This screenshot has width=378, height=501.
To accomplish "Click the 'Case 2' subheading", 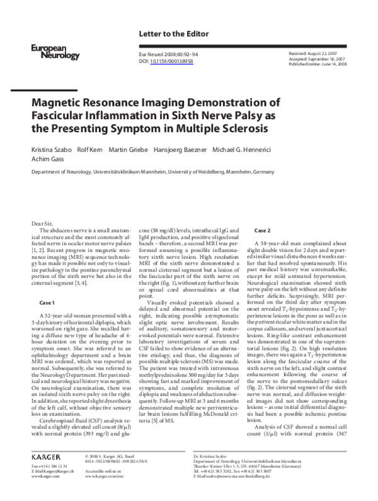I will [262, 231].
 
